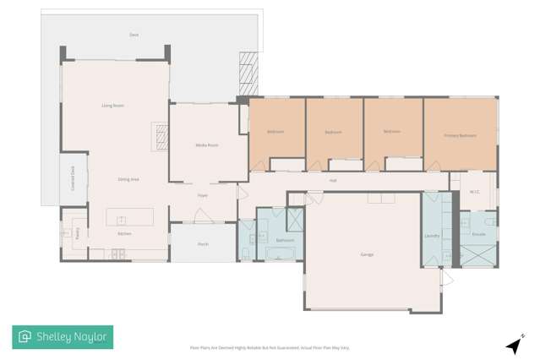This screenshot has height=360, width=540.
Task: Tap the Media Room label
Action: tap(207, 145)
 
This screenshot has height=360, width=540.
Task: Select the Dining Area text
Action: tap(128, 179)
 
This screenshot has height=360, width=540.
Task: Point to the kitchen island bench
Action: tap(129, 217)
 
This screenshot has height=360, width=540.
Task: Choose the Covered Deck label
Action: tap(74, 180)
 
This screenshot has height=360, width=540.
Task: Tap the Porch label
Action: tap(203, 244)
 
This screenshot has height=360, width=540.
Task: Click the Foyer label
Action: tap(203, 195)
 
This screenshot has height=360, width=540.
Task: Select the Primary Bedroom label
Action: tap(461, 135)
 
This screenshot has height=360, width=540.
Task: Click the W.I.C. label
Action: tap(474, 192)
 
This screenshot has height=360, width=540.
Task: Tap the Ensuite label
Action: tap(478, 232)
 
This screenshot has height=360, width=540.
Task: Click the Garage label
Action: tap(367, 254)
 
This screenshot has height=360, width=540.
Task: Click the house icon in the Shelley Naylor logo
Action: tap(25, 337)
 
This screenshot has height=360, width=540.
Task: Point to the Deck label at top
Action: tap(134, 35)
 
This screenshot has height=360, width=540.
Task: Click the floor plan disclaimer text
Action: tap(269, 347)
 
